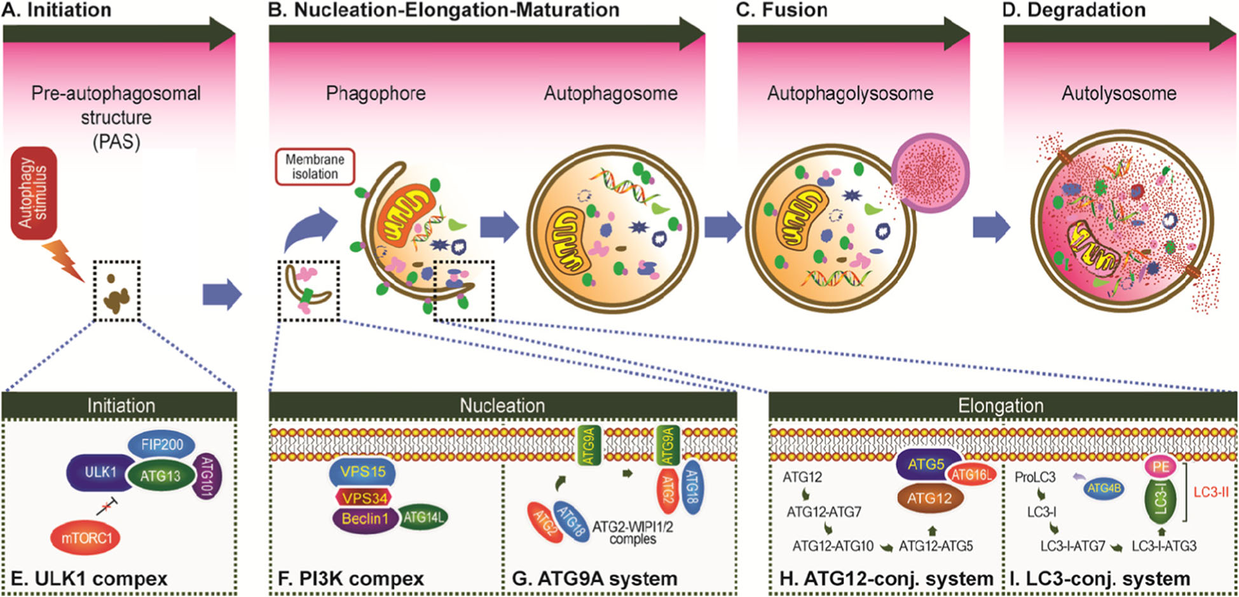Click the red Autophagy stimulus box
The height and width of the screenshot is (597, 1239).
pyautogui.click(x=34, y=193)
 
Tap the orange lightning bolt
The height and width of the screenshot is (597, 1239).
pyautogui.click(x=66, y=261)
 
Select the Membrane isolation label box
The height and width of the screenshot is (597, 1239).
pyautogui.click(x=315, y=167)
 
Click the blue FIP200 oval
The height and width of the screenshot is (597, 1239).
pyautogui.click(x=161, y=445)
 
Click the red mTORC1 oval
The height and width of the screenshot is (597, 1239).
pyautogui.click(x=86, y=538)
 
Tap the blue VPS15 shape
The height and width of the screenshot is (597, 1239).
pyautogui.click(x=362, y=472)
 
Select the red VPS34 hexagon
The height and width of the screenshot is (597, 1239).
pyautogui.click(x=364, y=498)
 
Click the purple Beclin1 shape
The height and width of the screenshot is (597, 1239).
pyautogui.click(x=364, y=519)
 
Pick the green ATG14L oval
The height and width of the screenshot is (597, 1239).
pyautogui.click(x=423, y=518)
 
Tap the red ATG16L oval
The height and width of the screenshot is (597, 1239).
pyautogui.click(x=971, y=474)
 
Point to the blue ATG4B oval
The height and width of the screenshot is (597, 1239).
pyautogui.click(x=1104, y=488)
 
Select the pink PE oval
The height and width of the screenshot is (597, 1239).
pyautogui.click(x=1161, y=467)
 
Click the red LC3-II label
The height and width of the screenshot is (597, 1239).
pyautogui.click(x=1211, y=492)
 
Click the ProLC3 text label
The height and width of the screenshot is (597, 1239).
pyautogui.click(x=1035, y=477)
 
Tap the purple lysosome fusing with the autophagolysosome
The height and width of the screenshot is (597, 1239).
pyautogui.click(x=931, y=172)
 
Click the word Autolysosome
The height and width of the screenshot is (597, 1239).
pyautogui.click(x=1119, y=93)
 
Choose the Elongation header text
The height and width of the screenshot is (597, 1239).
pyautogui.click(x=1001, y=406)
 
